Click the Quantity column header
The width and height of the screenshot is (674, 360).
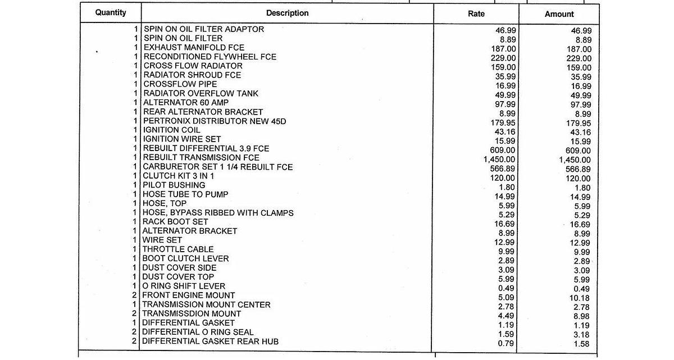tap(111, 12)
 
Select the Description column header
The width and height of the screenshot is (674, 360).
tap(287, 13)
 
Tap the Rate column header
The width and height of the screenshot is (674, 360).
tap(476, 13)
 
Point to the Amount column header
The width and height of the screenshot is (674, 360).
tap(559, 14)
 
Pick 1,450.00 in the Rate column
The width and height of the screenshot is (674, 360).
tap(499, 160)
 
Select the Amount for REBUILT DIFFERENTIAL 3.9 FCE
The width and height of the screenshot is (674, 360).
tap(579, 151)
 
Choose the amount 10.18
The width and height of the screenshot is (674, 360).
tap(580, 298)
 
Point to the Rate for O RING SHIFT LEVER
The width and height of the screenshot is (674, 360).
tap(507, 289)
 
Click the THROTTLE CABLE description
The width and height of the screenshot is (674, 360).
tap(178, 249)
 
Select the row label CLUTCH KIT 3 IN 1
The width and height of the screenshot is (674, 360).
tap(179, 176)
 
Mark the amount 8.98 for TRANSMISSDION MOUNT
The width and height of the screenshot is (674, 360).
tap(581, 316)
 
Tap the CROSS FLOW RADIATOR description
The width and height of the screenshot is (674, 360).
tap(193, 66)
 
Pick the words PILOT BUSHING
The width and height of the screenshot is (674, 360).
tap(174, 185)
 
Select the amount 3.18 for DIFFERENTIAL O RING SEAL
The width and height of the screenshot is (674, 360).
tap(581, 335)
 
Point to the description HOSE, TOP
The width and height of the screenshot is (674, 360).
tap(165, 203)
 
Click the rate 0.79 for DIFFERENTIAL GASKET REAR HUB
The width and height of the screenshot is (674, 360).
tap(507, 344)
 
